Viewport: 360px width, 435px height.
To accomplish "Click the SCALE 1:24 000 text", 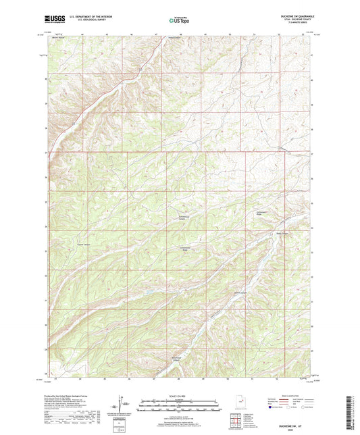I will [x=179, y=396].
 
